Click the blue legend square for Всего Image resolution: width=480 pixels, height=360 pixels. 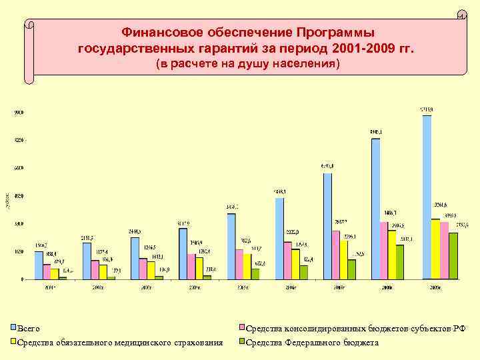tap(13, 328)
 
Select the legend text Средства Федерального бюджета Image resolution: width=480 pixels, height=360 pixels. tap(312, 343)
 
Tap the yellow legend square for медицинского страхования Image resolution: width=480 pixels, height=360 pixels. tap(13, 343)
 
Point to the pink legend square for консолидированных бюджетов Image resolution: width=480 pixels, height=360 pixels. tap(243, 328)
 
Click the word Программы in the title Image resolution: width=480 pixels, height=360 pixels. tap(336, 32)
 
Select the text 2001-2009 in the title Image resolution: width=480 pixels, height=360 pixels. tap(371, 48)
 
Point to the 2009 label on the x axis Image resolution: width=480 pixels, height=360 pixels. tap(435, 288)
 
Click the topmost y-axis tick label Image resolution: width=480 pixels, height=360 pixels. tap(20, 113)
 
